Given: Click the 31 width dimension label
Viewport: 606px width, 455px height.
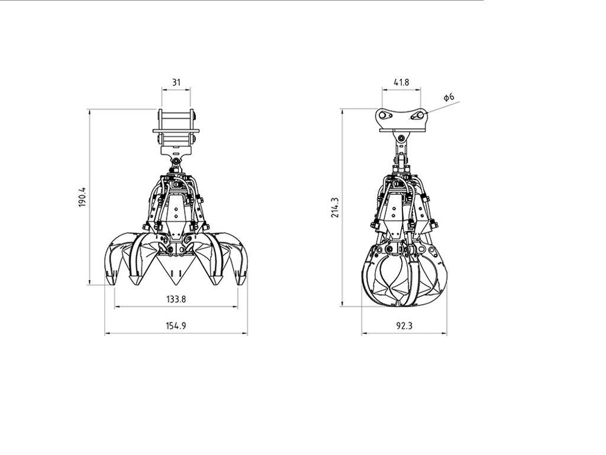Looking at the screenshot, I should pos(176,82).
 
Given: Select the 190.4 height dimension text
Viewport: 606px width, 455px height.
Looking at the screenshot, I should pos(83,197).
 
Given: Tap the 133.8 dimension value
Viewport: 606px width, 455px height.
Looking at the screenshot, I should pos(176,299).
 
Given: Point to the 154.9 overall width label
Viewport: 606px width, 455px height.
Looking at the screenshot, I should pos(176,326).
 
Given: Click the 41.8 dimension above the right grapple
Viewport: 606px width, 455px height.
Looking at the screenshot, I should pos(401,82).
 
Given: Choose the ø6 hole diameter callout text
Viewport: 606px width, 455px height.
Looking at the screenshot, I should pos(449,97).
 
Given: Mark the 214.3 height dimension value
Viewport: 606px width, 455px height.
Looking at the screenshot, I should pos(336,207).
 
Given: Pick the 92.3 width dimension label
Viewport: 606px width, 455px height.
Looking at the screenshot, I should pos(404,326).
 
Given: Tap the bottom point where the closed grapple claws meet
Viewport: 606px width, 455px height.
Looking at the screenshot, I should pos(404,305).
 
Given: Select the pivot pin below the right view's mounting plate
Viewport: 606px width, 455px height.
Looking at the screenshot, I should pos(402,138).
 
